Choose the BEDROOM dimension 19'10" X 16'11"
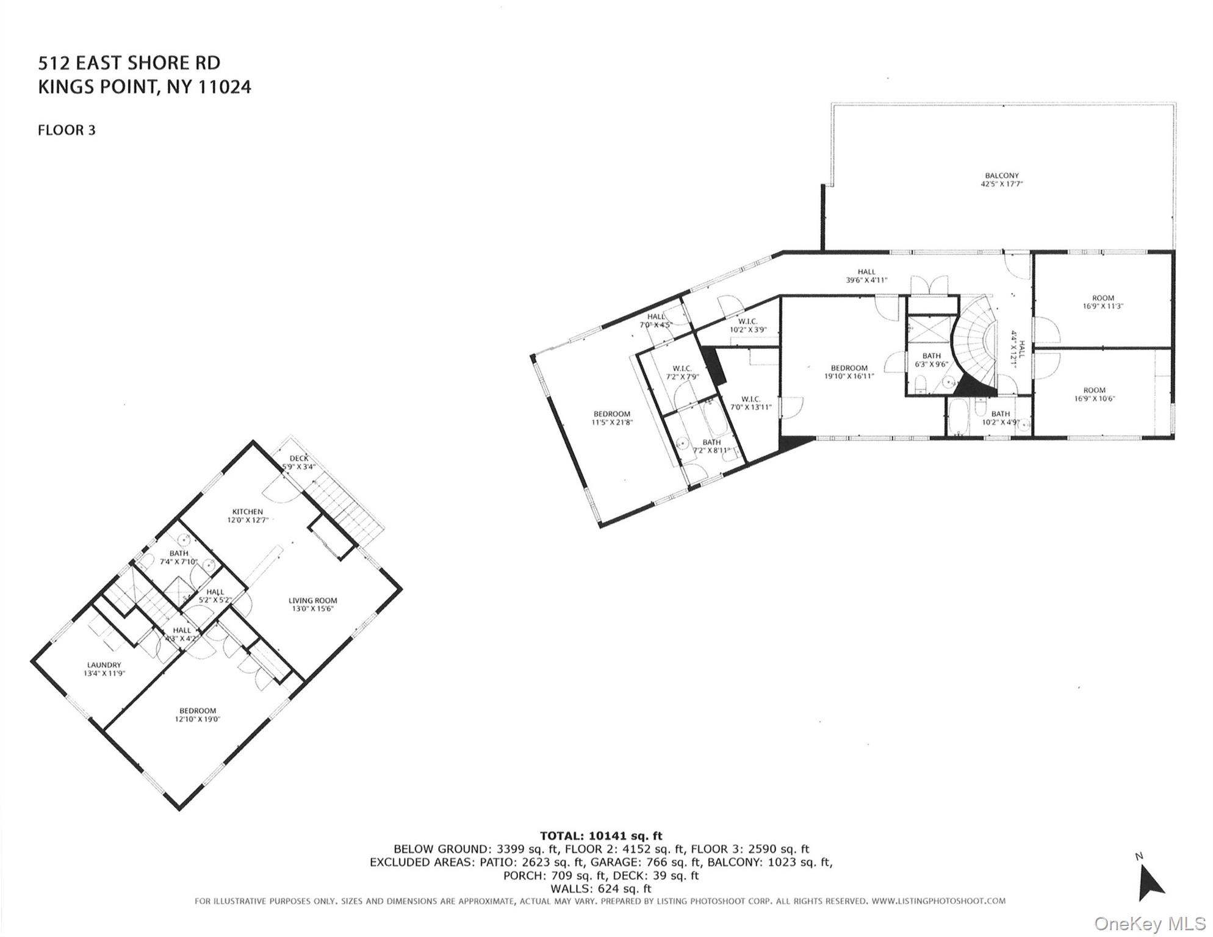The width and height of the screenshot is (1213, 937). (849, 376)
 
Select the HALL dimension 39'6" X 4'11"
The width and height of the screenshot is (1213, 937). (866, 280)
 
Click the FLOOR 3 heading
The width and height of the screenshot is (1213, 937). (67, 130)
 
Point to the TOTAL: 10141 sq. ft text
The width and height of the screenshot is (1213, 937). (600, 836)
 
